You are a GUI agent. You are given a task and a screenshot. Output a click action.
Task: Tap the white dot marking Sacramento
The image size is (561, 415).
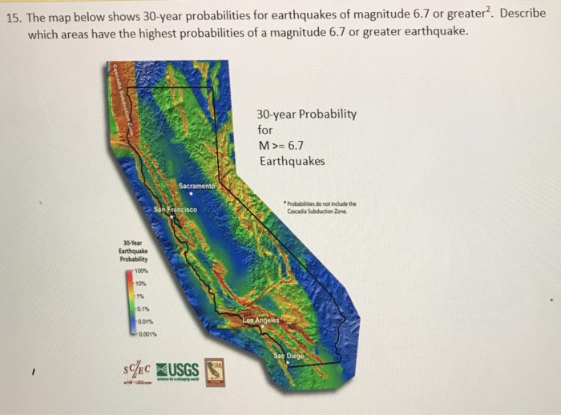coord(190,193)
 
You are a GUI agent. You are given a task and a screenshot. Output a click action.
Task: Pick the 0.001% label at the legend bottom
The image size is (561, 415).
coord(147,334)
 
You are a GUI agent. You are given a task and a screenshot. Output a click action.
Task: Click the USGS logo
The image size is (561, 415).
coord(178,369)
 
